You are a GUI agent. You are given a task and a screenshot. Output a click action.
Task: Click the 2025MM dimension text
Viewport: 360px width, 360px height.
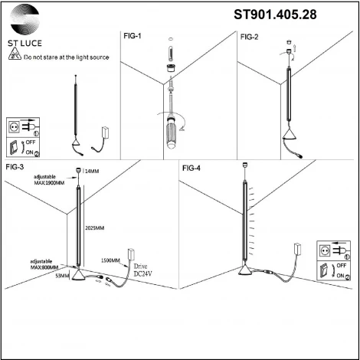pyautogui.click(x=95, y=227)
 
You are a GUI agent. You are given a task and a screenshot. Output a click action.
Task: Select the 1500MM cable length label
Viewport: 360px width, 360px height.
pyautogui.click(x=111, y=260)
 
